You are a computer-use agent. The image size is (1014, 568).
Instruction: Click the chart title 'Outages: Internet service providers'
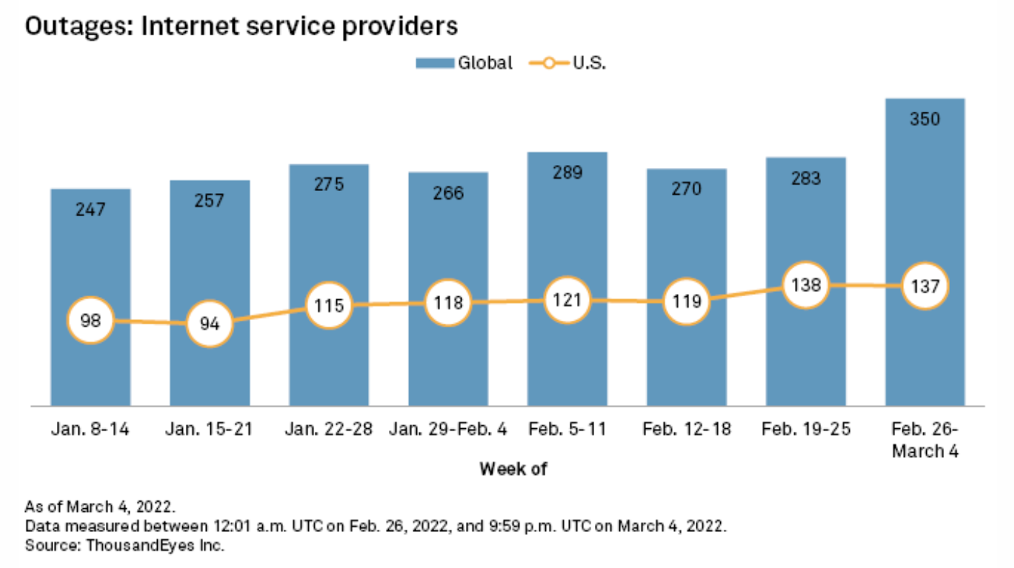point(241,27)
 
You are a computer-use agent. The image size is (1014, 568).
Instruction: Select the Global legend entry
point(465,63)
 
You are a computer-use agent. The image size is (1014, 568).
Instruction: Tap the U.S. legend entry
point(569,63)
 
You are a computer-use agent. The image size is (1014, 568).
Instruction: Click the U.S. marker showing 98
point(91,321)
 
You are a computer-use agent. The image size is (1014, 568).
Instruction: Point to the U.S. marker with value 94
point(210,324)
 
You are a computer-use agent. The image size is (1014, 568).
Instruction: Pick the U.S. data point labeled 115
point(329,305)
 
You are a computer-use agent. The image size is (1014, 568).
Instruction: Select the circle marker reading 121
point(567,299)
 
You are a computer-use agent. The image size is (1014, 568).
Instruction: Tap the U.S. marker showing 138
point(806,285)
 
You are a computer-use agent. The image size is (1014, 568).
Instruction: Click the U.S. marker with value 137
point(925,285)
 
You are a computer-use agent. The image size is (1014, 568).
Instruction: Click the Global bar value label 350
point(925,119)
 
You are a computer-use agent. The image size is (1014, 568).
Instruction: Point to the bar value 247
point(91,210)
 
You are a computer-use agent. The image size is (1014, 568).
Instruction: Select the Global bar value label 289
point(567,172)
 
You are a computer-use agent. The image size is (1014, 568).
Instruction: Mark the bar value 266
point(448,192)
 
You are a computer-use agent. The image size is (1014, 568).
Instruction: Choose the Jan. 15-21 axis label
point(210,430)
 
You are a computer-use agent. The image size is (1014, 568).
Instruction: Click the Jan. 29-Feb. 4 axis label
point(448,430)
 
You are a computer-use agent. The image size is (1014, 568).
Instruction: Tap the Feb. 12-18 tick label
point(686,430)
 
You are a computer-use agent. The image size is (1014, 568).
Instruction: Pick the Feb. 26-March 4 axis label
point(925,440)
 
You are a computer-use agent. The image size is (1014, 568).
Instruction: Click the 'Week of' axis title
point(513,469)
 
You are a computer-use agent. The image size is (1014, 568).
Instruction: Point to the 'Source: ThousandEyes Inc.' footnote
point(125,546)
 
